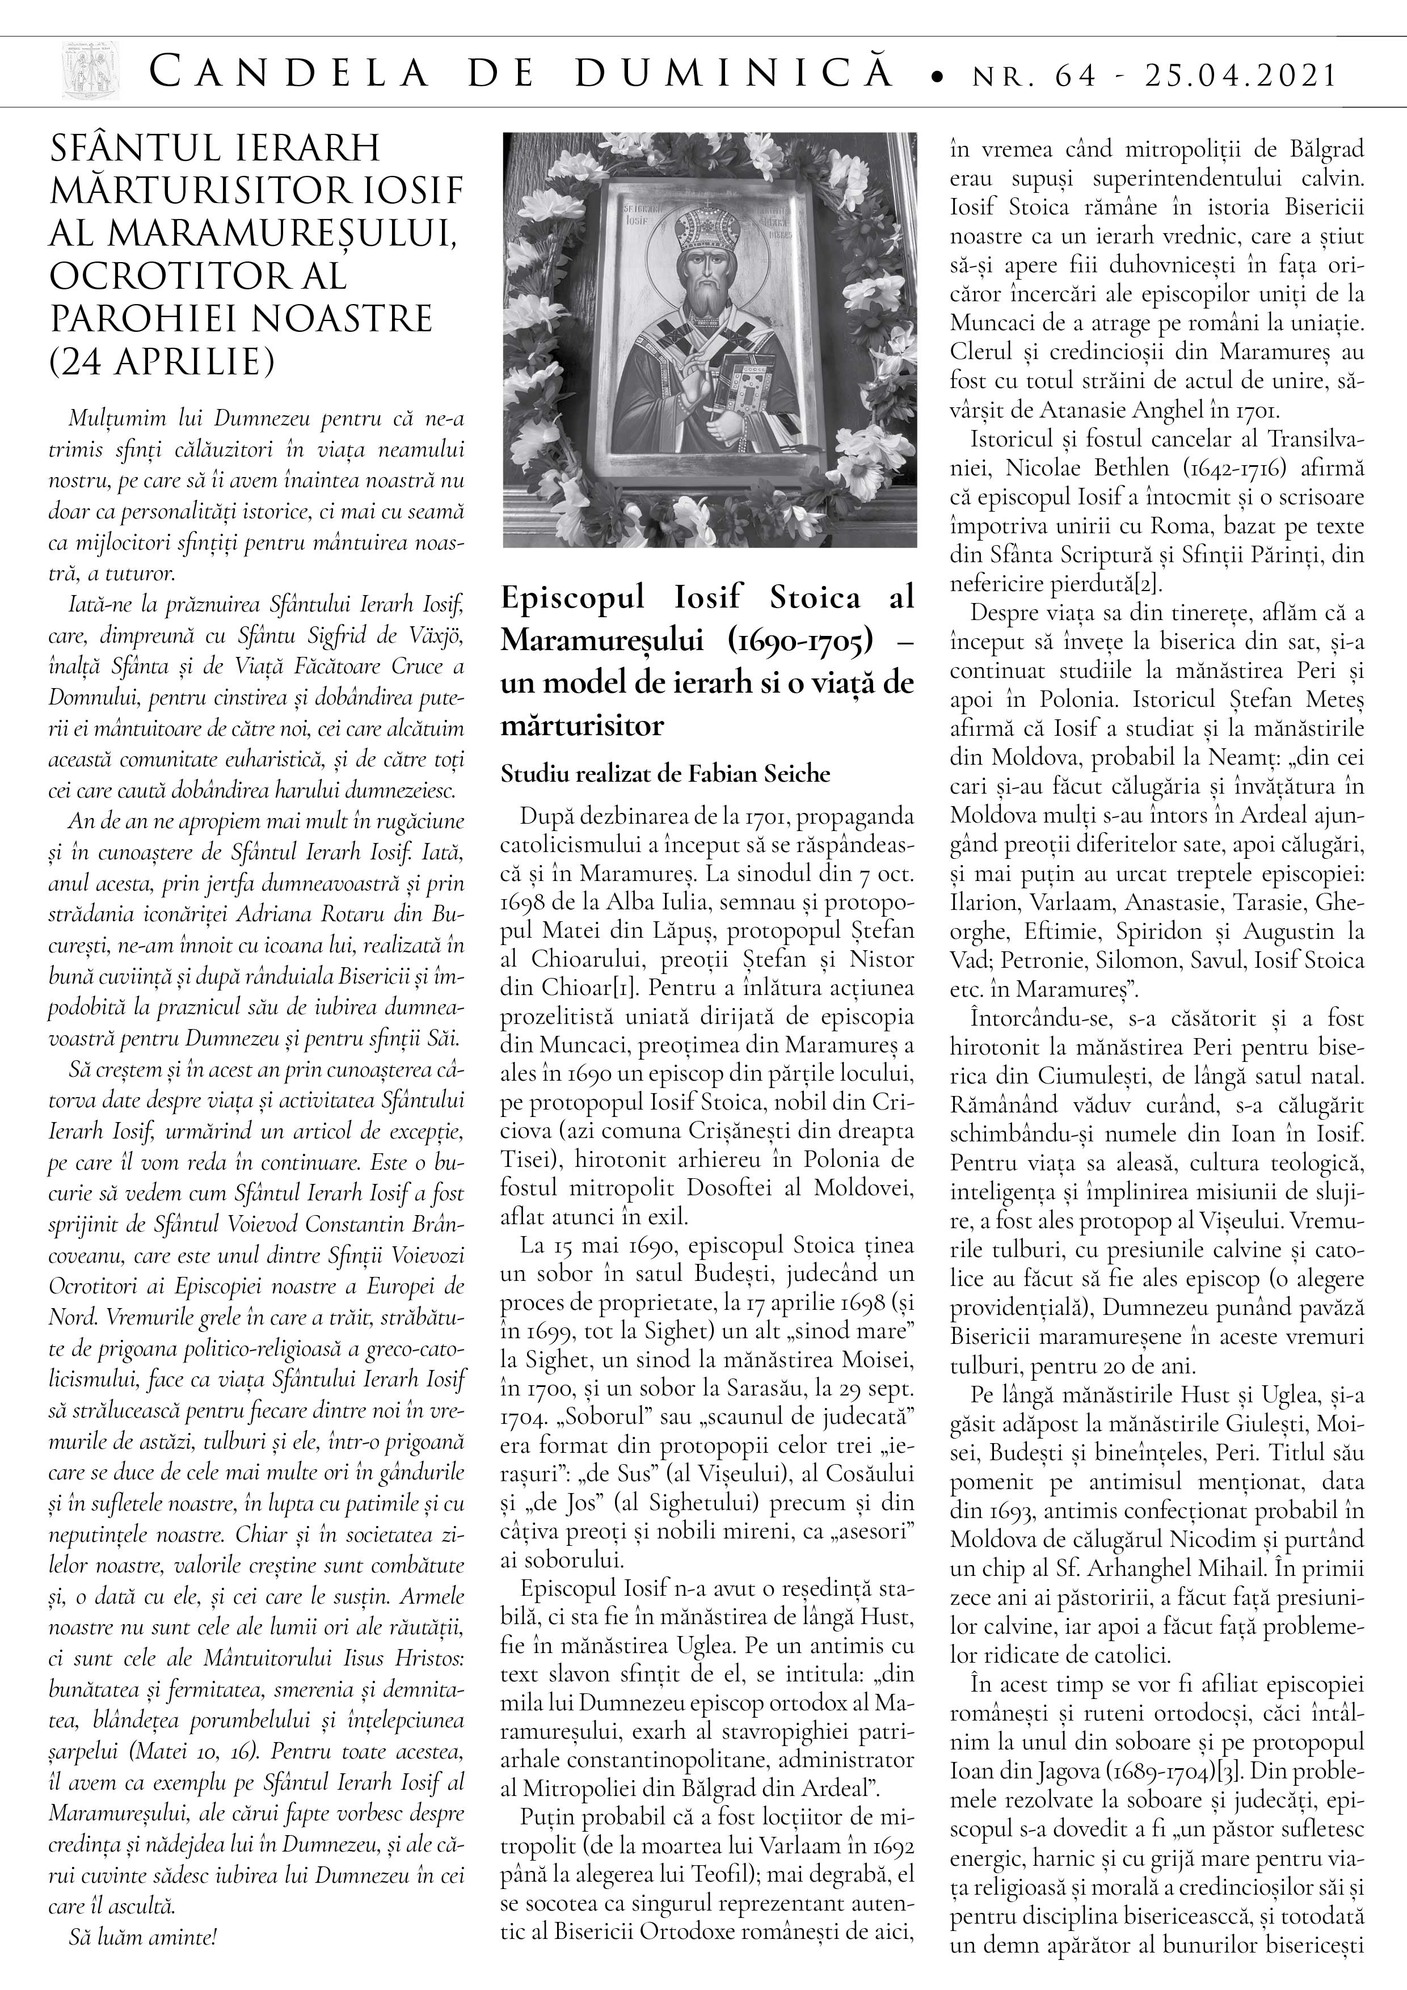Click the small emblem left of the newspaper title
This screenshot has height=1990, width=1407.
point(89,72)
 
